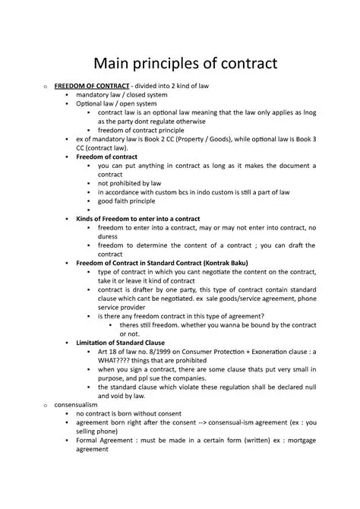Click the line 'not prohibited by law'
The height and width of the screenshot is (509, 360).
[x=129, y=183]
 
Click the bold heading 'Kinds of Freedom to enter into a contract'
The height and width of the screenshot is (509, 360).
[x=138, y=218]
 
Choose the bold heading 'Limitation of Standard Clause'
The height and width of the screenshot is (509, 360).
[x=123, y=342]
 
